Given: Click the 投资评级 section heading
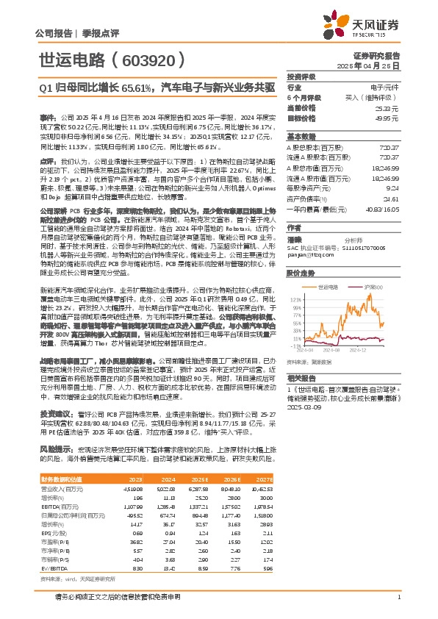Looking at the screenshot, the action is [302, 76].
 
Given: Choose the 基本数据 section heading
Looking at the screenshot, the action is [302, 137].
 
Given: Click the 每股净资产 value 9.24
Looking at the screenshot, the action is [392, 187].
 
